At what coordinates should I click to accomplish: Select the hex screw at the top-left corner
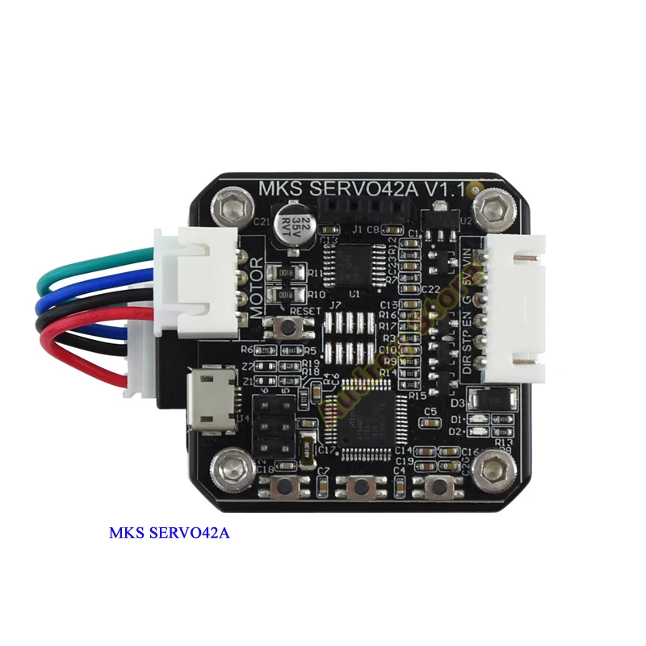[x=230, y=205]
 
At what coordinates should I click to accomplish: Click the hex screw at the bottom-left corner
[x=227, y=468]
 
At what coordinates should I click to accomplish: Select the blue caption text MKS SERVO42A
[x=170, y=534]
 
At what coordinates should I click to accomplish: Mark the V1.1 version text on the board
[x=447, y=189]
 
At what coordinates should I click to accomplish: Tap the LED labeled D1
[x=482, y=418]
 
